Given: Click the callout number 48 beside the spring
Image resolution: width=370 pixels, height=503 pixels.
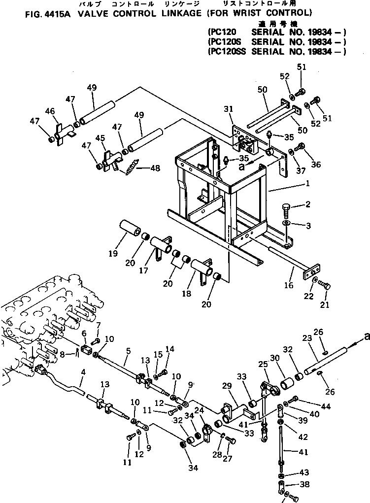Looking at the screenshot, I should pyautogui.click(x=155, y=168).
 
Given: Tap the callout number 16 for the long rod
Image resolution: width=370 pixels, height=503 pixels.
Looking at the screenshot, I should pyautogui.click(x=289, y=285).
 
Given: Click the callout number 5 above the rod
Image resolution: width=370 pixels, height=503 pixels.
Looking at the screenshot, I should pyautogui.click(x=129, y=351).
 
